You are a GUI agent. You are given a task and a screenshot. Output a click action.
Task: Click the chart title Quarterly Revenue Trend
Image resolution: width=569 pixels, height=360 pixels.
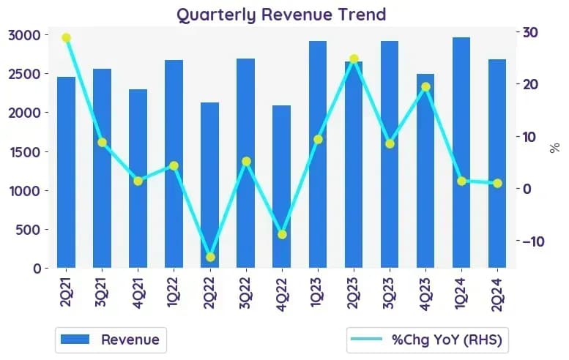point(281,15)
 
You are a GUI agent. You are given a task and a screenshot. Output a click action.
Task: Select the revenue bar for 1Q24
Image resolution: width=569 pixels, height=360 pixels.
point(461,153)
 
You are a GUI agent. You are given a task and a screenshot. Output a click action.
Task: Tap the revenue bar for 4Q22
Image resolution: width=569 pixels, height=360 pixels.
point(282,187)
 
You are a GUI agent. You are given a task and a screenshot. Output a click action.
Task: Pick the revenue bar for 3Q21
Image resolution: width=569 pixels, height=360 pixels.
point(102,168)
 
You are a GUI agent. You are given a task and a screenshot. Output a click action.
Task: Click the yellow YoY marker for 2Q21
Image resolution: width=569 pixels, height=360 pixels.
point(66,38)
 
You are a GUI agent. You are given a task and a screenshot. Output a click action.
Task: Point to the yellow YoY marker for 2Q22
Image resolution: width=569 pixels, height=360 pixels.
point(210,258)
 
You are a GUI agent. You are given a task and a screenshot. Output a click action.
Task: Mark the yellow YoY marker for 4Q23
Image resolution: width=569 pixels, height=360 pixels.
point(426,86)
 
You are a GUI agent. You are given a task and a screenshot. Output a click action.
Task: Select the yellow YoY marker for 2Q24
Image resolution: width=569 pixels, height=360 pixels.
point(497,184)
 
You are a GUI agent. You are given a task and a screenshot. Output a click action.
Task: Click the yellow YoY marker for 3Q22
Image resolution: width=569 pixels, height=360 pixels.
point(246,161)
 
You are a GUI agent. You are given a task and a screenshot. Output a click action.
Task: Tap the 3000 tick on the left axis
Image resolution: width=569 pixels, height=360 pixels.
point(24,35)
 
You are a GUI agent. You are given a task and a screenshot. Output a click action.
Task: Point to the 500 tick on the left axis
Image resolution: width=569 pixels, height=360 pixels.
point(29,230)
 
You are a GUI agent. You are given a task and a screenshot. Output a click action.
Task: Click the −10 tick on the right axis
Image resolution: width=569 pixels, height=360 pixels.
point(533,241)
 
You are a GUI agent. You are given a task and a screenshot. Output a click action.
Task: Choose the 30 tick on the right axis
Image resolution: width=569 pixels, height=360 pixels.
point(530,32)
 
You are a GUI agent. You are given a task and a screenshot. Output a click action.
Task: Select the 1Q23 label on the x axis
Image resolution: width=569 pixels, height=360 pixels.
point(316,293)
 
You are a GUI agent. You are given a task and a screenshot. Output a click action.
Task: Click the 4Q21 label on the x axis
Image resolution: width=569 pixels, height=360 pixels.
point(138,293)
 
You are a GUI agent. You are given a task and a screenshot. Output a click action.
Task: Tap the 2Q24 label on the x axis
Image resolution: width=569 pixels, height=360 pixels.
point(497,294)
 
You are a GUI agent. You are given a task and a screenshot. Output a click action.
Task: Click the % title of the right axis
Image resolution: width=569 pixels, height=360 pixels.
point(554,148)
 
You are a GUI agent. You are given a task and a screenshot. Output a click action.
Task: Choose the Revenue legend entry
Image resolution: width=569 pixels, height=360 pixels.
point(111,340)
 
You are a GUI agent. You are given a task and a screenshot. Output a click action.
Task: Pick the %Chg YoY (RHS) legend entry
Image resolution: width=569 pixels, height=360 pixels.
point(427,340)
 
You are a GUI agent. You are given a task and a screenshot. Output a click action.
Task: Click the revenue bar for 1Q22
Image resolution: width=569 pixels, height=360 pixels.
point(174,164)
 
